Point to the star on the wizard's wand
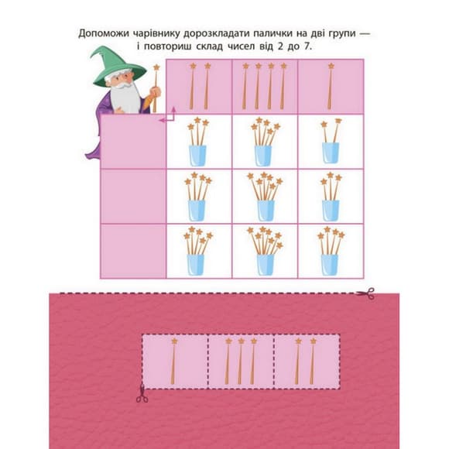click(x=156, y=68)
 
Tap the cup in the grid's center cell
click(x=265, y=205)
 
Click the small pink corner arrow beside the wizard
click(x=171, y=115)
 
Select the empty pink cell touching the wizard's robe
click(x=133, y=142)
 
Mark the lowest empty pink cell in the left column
click(x=133, y=250)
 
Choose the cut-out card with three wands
click(x=241, y=360)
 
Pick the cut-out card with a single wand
click(x=175, y=360)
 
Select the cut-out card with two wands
click(x=306, y=360)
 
